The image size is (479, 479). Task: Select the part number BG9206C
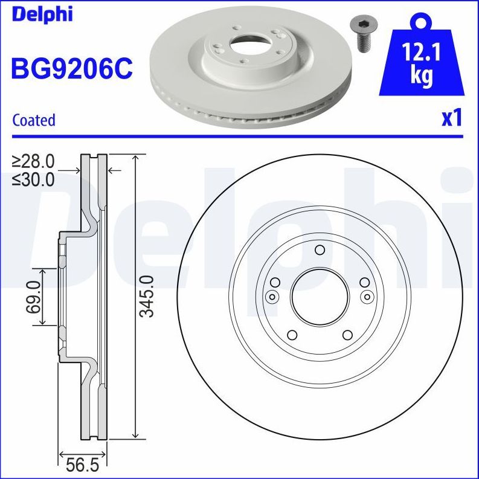pyautogui.click(x=71, y=68)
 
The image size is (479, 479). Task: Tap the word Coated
pyautogui.click(x=34, y=120)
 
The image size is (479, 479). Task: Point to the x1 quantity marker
pyautogui.click(x=451, y=118)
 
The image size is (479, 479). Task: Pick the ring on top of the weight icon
pyautogui.click(x=420, y=22)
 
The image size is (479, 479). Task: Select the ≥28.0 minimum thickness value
pyautogui.click(x=33, y=161)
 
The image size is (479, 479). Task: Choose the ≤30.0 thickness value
pyautogui.click(x=33, y=179)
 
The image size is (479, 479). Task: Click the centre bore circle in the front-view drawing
pyautogui.click(x=320, y=296)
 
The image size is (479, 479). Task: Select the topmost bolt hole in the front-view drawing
pyautogui.click(x=320, y=251)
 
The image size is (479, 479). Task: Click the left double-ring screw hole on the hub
pyautogui.click(x=272, y=296)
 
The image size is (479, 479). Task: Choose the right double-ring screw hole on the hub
pyautogui.click(x=367, y=296)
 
